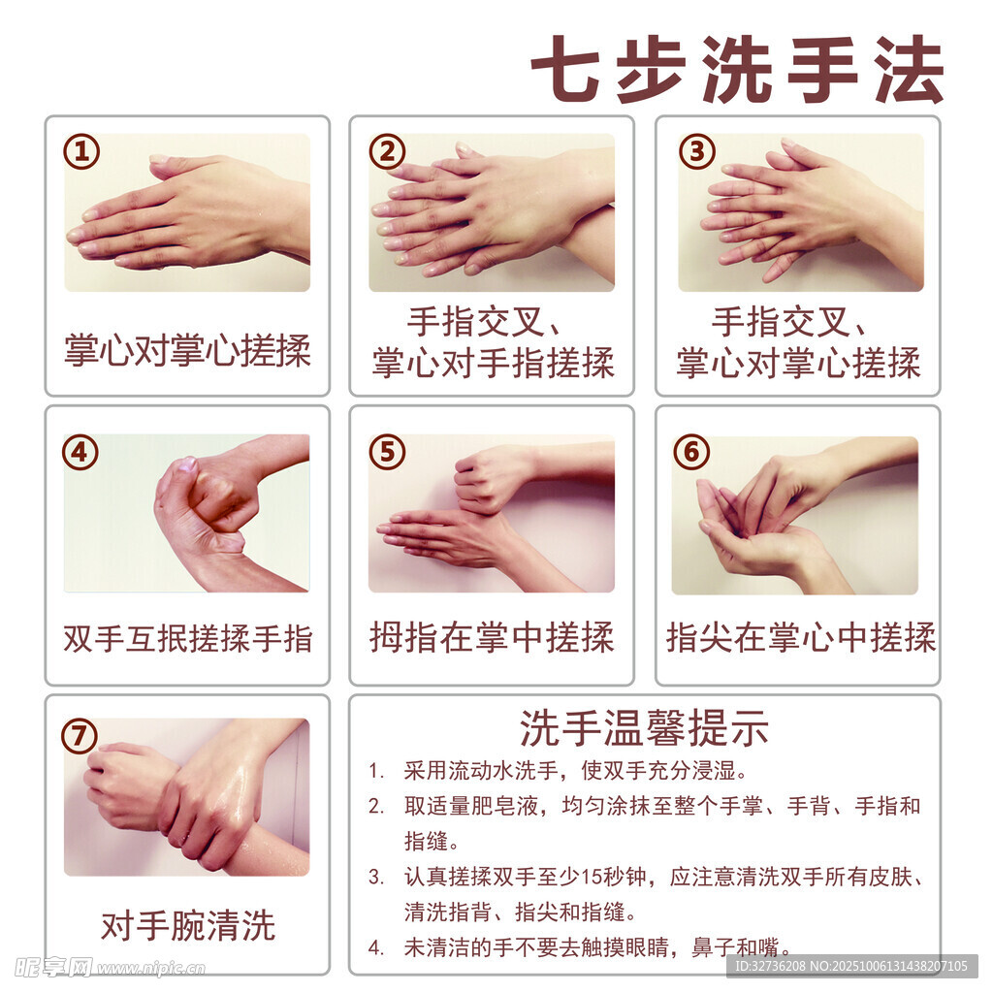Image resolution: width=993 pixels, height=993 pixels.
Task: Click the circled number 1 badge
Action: coord(81,151)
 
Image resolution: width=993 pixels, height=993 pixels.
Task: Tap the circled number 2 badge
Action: coord(387,151)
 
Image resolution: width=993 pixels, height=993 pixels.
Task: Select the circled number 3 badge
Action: coord(697,151)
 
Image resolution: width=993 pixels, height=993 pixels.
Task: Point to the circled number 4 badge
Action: coord(80,452)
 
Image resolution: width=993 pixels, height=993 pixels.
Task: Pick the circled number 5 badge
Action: coord(387,452)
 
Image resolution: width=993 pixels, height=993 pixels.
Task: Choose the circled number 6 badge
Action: coord(691,452)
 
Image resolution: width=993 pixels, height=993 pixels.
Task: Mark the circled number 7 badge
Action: coord(80,736)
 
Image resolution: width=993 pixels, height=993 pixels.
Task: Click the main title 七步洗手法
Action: coord(738,69)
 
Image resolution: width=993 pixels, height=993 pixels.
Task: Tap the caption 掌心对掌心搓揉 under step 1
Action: coord(187,350)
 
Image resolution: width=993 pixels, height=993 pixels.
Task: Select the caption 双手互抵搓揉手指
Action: coord(187,638)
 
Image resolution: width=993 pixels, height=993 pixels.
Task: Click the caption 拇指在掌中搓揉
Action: coord(492,637)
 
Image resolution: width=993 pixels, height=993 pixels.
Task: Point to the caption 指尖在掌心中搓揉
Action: coord(800,637)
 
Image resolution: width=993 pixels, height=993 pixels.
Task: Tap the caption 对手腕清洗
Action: coord(187,926)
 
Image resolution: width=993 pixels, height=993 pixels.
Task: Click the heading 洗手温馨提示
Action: coord(644,728)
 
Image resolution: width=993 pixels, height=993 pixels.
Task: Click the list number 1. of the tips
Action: coord(377,771)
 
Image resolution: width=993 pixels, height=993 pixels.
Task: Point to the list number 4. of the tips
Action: coord(377,948)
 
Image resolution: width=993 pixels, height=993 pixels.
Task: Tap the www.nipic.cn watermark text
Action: coord(150,969)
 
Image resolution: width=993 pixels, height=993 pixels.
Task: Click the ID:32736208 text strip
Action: coord(851,967)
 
